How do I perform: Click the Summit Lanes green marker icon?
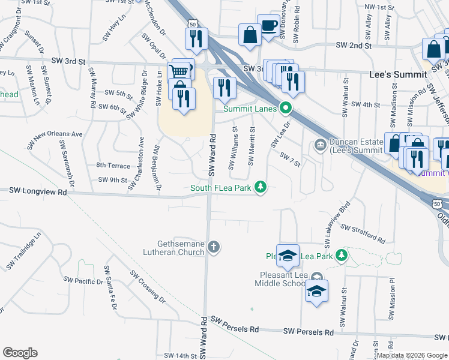pyautogui.click(x=286, y=109)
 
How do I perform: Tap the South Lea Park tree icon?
pyautogui.click(x=261, y=188)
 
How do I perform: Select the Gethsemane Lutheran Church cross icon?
pyautogui.click(x=214, y=247)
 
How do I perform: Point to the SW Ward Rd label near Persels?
pyautogui.click(x=204, y=333)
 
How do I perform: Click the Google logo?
pyautogui.click(x=20, y=353)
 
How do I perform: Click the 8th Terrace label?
pyautogui.click(x=112, y=165)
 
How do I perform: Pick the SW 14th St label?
pyautogui.click(x=181, y=356)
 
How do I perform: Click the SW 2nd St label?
pyautogui.click(x=354, y=45)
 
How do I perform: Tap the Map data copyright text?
pyautogui.click(x=411, y=355)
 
